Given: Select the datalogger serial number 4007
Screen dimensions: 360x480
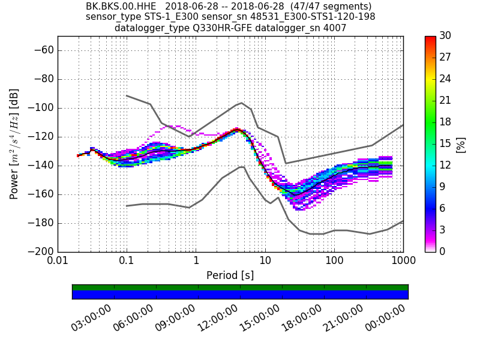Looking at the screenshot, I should click(x=334, y=28).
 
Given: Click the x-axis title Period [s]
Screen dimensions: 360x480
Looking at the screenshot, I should click(x=230, y=275).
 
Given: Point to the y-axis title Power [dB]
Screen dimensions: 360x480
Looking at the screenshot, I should click(x=14, y=144).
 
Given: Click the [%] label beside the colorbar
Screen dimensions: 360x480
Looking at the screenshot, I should click(x=461, y=144).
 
